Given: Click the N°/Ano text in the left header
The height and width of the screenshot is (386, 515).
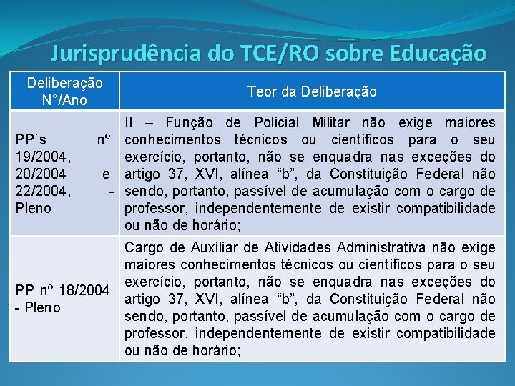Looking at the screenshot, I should (64, 100).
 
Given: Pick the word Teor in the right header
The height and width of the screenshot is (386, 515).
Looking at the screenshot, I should (260, 91).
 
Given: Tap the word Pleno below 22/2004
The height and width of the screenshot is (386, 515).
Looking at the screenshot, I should (34, 208).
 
